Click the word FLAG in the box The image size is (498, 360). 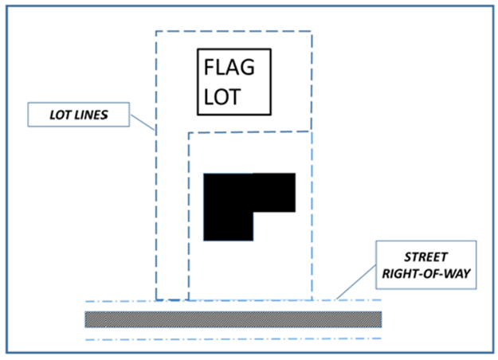coord(229,67)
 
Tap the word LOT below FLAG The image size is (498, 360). coord(222,97)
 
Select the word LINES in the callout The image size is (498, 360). coord(91,115)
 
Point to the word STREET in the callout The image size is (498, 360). coord(426,257)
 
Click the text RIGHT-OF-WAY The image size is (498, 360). coord(426,274)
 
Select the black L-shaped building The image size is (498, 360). coord(228,207)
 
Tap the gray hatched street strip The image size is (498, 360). coord(233,319)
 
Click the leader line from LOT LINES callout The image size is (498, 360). coord(143,123)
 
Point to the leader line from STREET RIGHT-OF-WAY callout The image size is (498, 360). coord(356,282)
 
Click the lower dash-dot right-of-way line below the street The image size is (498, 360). coord(233,339)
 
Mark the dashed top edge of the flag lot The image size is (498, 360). coord(233,31)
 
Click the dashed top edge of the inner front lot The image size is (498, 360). coord(250,132)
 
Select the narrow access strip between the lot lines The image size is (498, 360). coord(172,216)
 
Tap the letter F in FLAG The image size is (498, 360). coord(209,67)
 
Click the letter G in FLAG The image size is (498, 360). coord(247,67)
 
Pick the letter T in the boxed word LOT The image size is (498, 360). coord(235,97)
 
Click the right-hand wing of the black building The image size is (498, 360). coord(274,193)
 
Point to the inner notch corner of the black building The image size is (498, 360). coord(253,212)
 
